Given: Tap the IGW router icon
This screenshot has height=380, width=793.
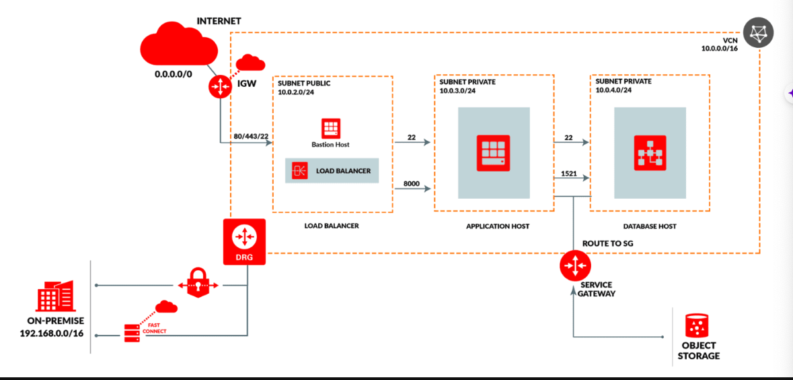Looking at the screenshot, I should [x=220, y=86].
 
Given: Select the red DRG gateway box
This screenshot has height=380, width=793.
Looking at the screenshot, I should [x=244, y=241].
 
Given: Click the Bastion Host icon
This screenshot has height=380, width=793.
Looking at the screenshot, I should [x=330, y=128].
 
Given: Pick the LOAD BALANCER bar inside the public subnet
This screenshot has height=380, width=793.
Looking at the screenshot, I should [x=332, y=171].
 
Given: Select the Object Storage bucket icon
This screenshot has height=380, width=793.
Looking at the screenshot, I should [x=698, y=326].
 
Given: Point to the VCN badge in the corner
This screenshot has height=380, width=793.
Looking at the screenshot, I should [x=758, y=32].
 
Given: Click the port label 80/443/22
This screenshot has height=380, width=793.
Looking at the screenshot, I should [x=251, y=137].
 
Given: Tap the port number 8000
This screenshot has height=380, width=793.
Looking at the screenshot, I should [x=412, y=183].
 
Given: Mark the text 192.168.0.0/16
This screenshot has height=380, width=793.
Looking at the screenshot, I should [x=52, y=333].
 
